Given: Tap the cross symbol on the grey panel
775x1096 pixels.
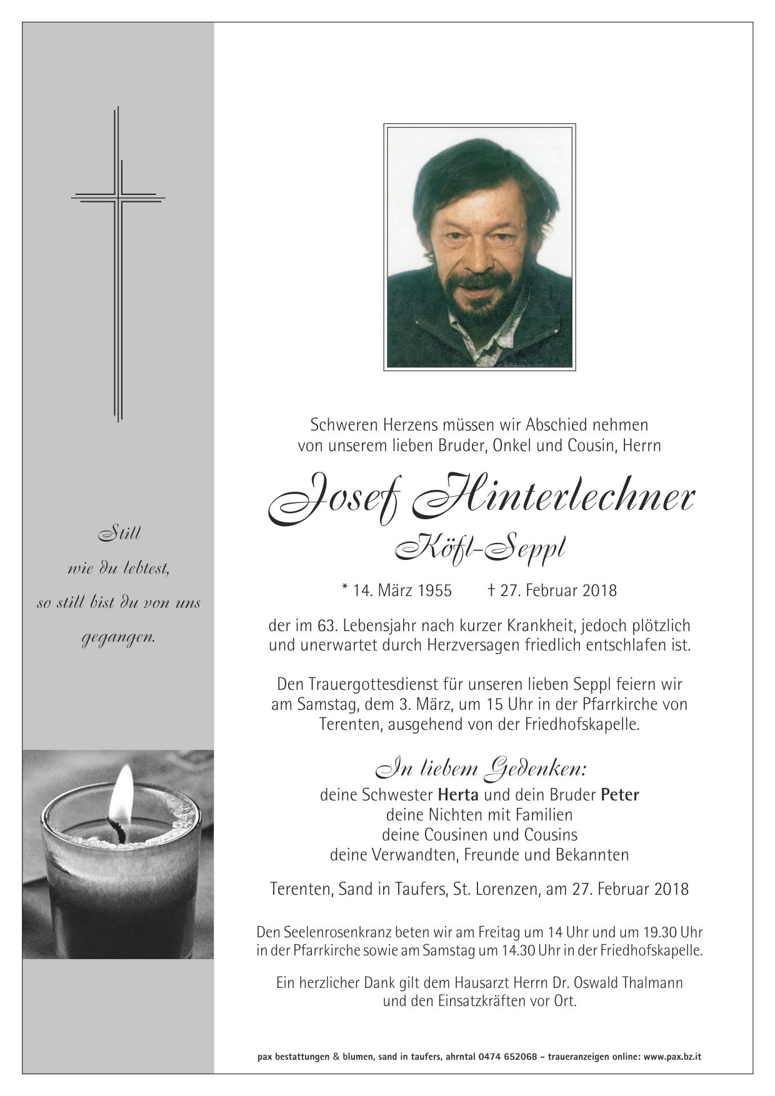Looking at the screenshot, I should tap(118, 262).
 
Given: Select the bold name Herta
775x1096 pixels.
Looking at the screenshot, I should tap(458, 795).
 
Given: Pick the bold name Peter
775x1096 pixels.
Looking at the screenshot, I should tap(620, 795).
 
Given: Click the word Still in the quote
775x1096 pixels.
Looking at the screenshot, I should tap(117, 534).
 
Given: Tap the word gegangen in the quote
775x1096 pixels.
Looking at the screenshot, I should tap(118, 639).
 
